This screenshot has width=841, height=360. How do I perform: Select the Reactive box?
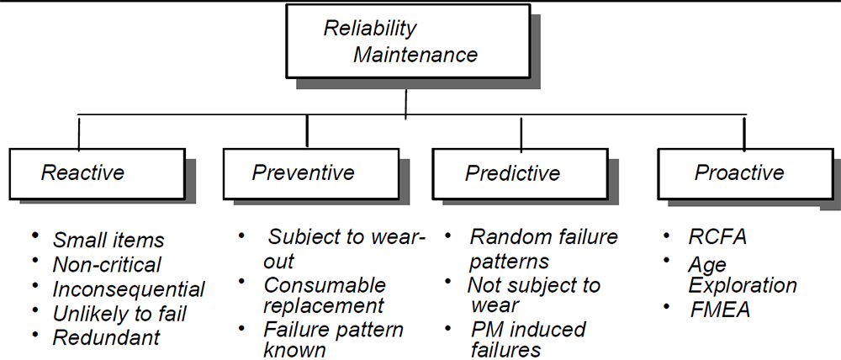pos(97,174)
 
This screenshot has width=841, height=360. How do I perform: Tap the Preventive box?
pos(311,174)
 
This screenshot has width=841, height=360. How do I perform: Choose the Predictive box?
pos(520,174)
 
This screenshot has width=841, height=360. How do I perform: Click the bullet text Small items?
pos(108,241)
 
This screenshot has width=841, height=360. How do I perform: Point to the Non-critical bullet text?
pos(107,264)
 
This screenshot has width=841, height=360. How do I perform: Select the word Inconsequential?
pos(129,289)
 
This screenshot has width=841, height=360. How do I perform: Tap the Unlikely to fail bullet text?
pos(119,314)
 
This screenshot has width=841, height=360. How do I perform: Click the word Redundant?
pos(106,337)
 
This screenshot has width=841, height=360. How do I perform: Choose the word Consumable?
pos(325,285)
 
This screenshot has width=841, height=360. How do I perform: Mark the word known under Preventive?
pos(294,350)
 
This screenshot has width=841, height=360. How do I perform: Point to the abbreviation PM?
pos(488,329)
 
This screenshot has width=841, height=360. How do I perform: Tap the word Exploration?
pos(743,286)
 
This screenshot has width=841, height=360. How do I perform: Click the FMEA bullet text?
pos(719,310)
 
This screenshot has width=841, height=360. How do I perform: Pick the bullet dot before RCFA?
pos(666,236)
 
